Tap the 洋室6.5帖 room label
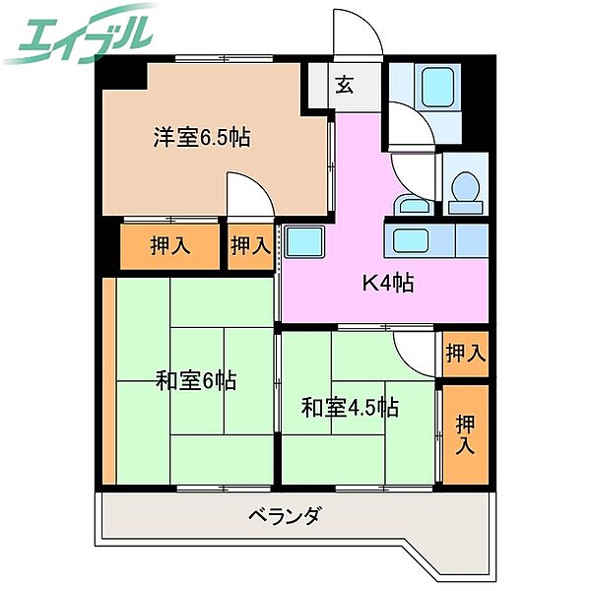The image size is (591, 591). pos(200,138)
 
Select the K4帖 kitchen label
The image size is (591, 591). pos(387,284)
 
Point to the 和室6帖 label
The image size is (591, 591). pos(196,380)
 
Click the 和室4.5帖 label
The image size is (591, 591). pos(350,406)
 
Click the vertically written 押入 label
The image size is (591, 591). pos(465,434)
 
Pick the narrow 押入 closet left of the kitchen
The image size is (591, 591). pos(250,246)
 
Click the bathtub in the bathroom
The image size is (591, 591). pos(434,90)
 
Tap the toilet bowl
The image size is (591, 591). pos(464,185)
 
